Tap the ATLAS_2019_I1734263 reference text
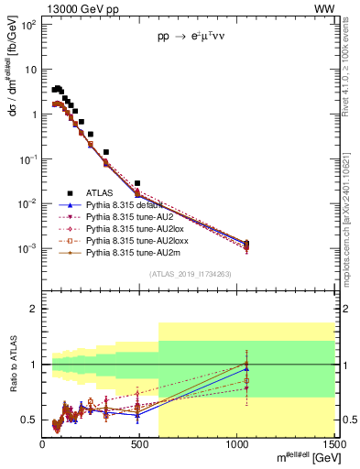coord(189,273)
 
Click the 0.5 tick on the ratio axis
coord(29,420)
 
